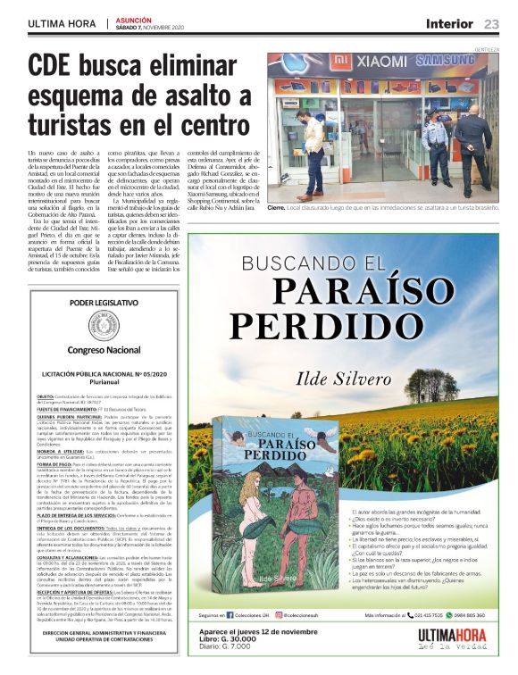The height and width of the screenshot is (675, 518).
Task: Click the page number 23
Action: point(492,24)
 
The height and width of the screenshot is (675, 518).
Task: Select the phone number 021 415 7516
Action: point(422,615)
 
